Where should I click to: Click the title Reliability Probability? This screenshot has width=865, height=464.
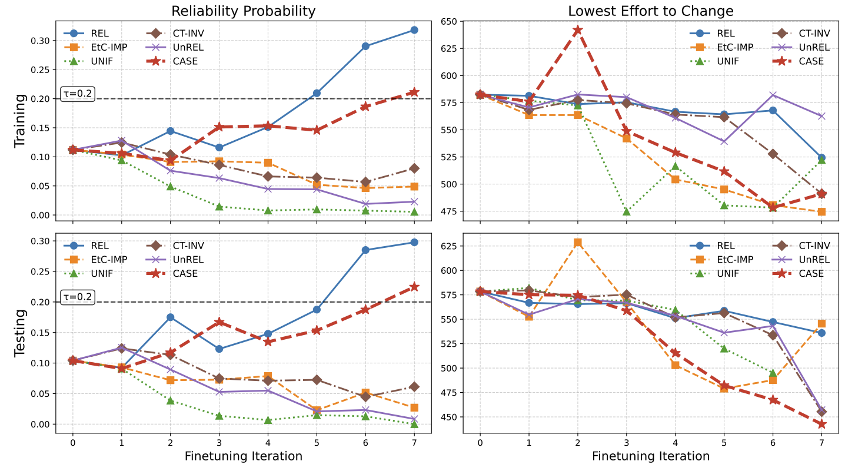(x=244, y=11)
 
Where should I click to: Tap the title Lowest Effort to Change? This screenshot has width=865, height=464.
(x=650, y=11)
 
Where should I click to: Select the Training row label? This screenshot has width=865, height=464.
(x=19, y=121)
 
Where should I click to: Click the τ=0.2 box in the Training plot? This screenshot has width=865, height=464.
(x=78, y=94)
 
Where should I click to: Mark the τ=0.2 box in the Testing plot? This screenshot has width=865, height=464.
(x=78, y=297)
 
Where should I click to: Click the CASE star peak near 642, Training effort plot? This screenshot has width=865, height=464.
(x=577, y=29)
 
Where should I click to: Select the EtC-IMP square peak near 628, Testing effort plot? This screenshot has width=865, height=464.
(x=577, y=243)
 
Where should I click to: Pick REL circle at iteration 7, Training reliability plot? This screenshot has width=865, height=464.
(x=414, y=29)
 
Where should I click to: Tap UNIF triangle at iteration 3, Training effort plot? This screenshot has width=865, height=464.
(x=626, y=211)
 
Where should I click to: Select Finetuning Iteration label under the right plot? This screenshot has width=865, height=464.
(x=650, y=456)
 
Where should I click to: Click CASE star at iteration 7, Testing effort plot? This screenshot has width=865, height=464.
(x=821, y=424)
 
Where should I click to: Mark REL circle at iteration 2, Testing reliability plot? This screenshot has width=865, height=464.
(x=170, y=317)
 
